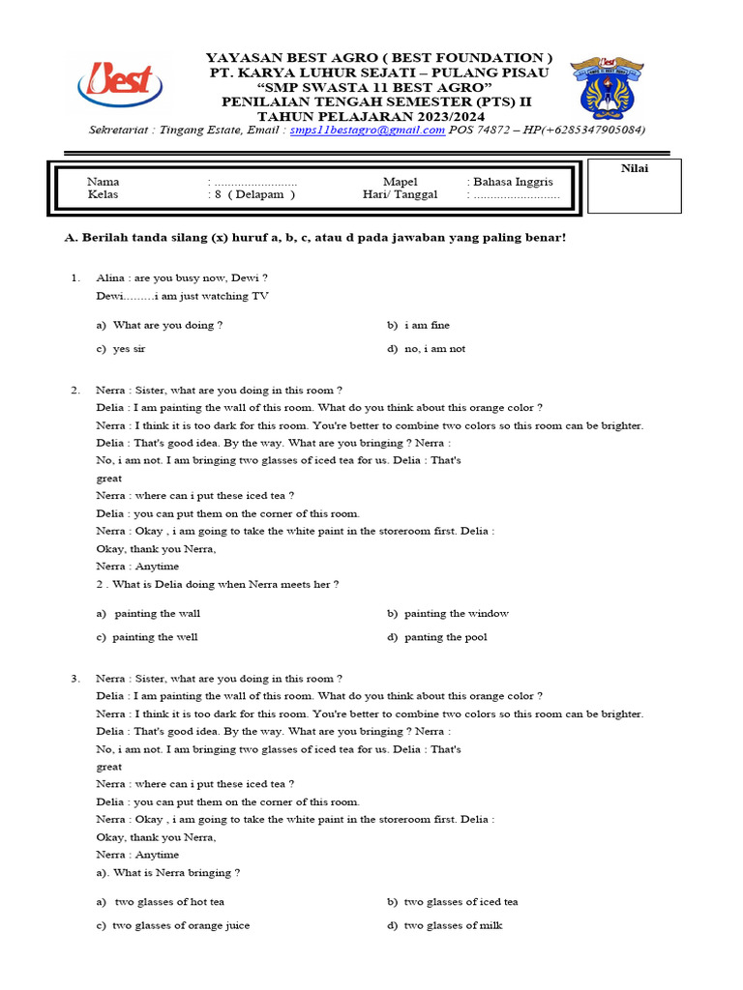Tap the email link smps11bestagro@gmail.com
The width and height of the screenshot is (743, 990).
[368, 130]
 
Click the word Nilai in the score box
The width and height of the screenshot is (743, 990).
[635, 168]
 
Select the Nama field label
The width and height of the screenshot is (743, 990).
[104, 181]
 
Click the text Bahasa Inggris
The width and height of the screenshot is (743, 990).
[511, 181]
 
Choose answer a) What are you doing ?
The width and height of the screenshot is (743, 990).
[160, 325]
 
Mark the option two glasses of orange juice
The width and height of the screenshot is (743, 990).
[173, 925]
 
